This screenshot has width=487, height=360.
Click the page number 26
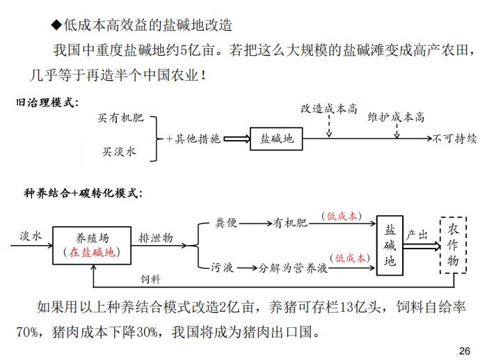464,351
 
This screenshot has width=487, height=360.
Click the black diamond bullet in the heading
57,25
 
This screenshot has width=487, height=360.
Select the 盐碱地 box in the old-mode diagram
276,139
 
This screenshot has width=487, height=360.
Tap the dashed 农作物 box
453,245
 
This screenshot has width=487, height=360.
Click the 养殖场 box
92,245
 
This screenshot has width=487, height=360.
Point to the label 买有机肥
120,118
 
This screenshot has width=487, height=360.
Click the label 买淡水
119,152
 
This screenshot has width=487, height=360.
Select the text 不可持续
454,139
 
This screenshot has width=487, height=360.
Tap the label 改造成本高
329,109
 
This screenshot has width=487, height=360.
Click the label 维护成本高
396,117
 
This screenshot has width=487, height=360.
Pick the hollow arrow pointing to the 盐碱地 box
237,139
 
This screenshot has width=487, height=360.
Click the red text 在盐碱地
92,252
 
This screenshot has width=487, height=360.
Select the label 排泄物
156,238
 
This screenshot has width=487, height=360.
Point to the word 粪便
226,223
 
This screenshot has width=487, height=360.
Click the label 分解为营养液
293,267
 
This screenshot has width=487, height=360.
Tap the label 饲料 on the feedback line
150,279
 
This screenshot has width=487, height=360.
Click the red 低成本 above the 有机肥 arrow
342,216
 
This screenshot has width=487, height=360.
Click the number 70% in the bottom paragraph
27,332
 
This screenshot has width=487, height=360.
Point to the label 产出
417,235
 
